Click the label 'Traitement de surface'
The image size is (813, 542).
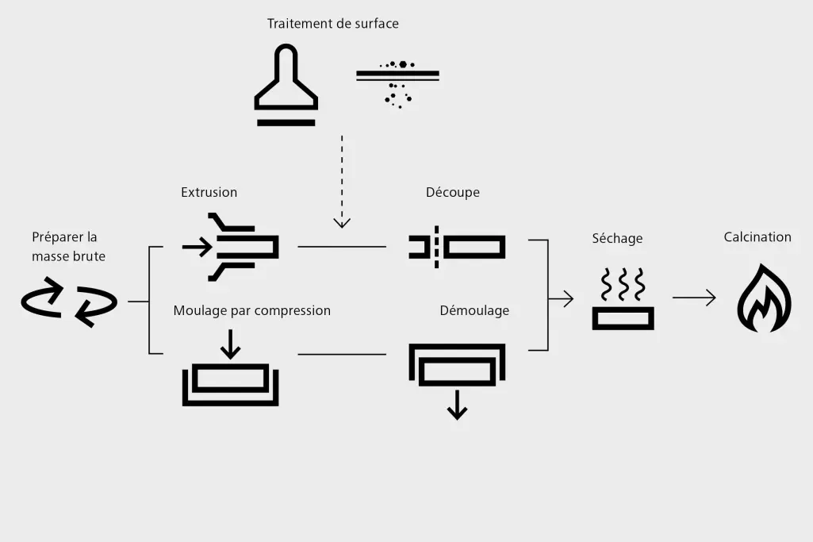[x=332, y=24]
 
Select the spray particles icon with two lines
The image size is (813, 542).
[x=397, y=83]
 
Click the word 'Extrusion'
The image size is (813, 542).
[x=209, y=192]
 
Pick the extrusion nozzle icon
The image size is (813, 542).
[x=231, y=247]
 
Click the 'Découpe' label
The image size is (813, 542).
[x=452, y=192]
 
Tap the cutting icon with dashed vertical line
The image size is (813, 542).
[x=457, y=247]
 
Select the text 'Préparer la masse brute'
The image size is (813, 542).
[x=68, y=246]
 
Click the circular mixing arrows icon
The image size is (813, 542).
[x=69, y=302]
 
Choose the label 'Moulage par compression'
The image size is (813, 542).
[x=251, y=310]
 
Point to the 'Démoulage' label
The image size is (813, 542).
[x=474, y=310]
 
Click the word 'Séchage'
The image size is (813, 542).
[x=617, y=238]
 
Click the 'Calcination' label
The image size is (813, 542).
[x=757, y=236]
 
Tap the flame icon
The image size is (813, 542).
[x=764, y=299]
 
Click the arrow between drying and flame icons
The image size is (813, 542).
[x=694, y=298]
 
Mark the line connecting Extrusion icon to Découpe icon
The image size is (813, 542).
[x=342, y=247]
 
